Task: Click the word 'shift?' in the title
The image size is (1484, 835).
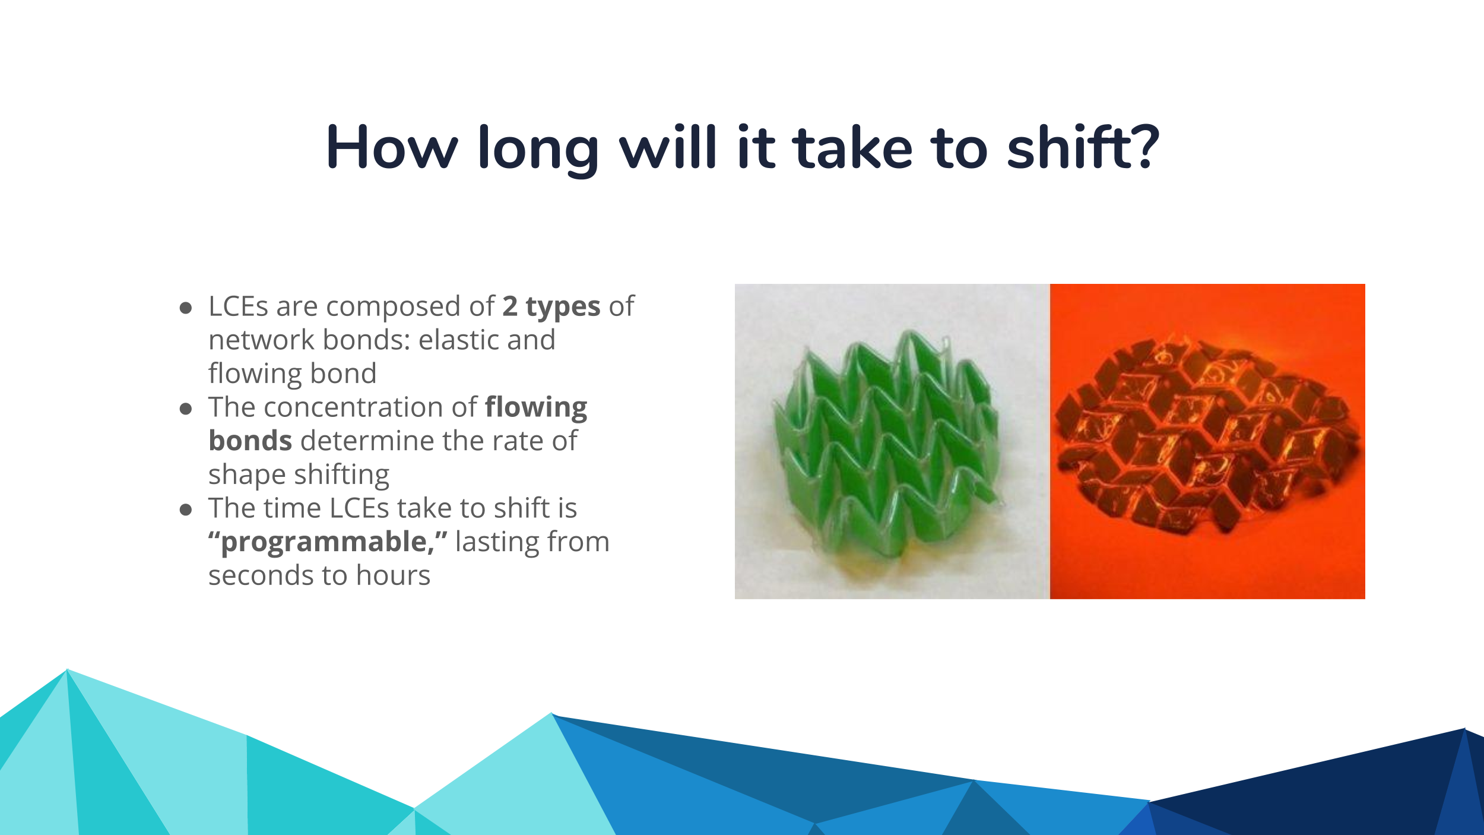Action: (x=1083, y=147)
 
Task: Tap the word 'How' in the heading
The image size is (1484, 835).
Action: (x=392, y=147)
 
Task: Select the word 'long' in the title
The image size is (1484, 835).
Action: (x=538, y=151)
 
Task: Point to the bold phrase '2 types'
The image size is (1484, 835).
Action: (x=551, y=307)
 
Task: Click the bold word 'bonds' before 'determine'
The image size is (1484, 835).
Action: (x=250, y=441)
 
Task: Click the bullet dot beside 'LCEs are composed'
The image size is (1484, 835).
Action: (x=186, y=308)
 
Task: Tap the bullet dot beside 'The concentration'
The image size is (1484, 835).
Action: (x=186, y=409)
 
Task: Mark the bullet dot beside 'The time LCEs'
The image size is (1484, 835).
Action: (x=186, y=510)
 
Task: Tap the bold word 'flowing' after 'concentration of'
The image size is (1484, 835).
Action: (x=536, y=408)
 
